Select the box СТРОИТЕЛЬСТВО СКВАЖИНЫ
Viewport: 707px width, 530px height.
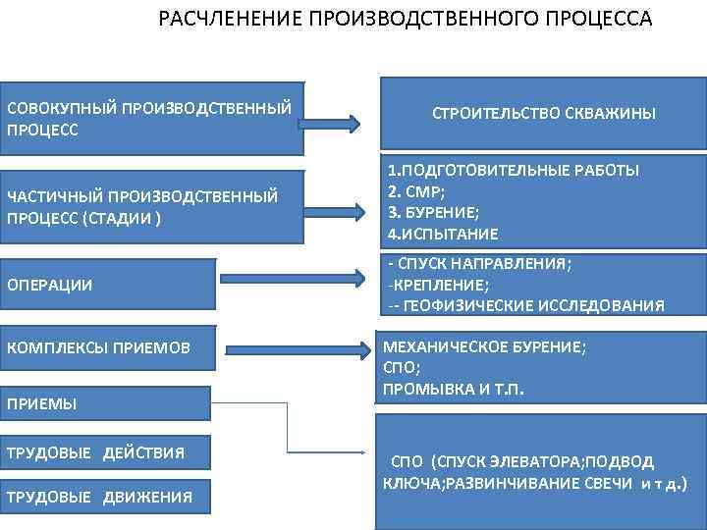[x=544, y=115]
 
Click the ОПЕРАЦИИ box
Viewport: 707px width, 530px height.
[x=107, y=286]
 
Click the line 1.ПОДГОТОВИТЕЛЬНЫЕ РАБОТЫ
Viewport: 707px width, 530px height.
[x=514, y=170]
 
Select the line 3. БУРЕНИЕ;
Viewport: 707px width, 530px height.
[x=433, y=211]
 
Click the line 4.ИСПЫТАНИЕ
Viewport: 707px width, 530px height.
[x=443, y=234]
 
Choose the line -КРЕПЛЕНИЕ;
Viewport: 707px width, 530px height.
[x=439, y=285]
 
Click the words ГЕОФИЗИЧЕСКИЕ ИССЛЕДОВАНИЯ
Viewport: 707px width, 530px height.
[x=530, y=306]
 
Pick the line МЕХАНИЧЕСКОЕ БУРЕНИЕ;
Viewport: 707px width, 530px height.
[x=487, y=347]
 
